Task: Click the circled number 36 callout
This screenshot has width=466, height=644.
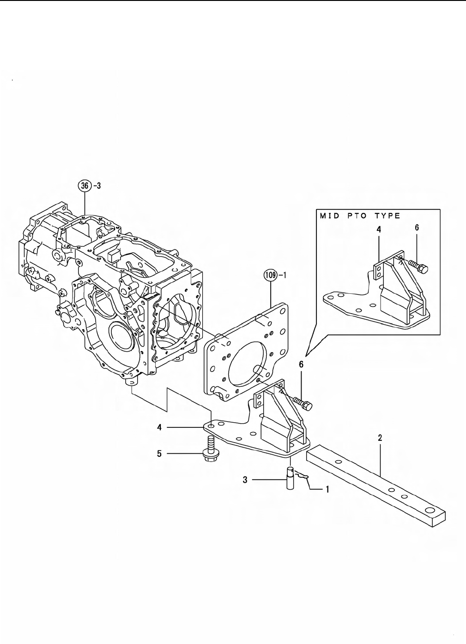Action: (84, 186)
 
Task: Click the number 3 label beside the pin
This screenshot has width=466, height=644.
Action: (245, 480)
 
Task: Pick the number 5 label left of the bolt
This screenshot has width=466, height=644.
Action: (159, 454)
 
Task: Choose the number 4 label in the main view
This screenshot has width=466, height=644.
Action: (159, 428)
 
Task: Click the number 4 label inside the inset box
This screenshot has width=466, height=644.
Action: (379, 228)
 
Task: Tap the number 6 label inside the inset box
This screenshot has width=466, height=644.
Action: (417, 228)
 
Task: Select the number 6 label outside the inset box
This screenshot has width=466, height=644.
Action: (301, 365)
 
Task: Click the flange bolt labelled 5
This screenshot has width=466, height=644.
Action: (210, 449)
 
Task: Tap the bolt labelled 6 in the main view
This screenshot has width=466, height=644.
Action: (303, 403)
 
